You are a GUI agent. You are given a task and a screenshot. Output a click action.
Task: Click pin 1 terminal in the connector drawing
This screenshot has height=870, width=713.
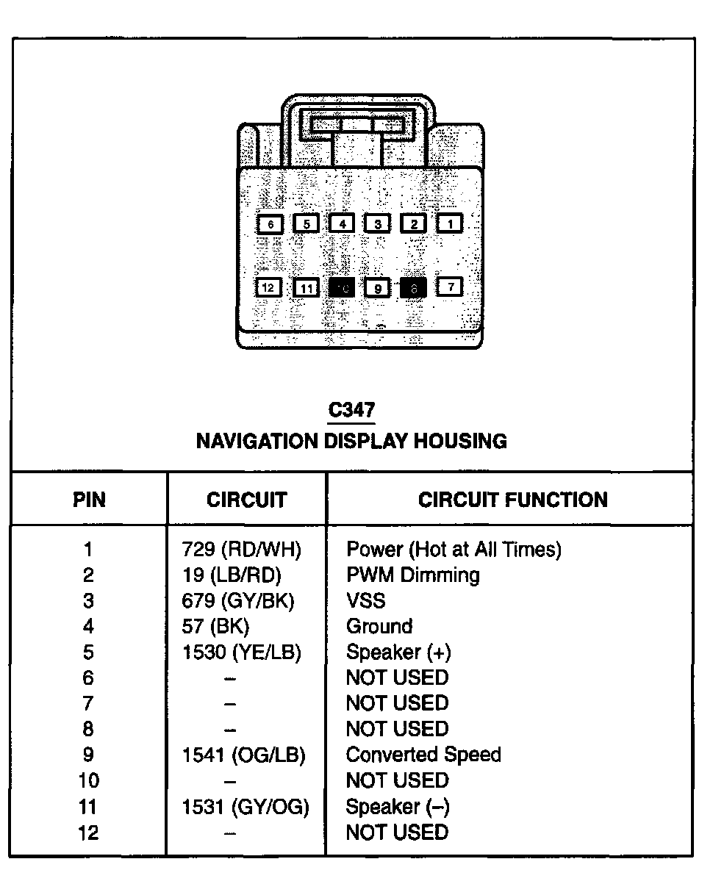click(450, 223)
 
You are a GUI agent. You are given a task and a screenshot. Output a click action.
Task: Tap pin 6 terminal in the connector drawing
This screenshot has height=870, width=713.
click(270, 224)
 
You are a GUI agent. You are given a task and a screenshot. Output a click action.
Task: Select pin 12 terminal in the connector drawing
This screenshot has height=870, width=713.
click(269, 287)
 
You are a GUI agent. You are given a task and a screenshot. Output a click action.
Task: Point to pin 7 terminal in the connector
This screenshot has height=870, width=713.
click(450, 286)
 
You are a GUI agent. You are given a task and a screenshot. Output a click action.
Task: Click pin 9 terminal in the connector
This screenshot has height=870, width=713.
click(377, 288)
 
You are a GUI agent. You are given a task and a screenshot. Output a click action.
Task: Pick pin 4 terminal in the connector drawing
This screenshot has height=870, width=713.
click(342, 223)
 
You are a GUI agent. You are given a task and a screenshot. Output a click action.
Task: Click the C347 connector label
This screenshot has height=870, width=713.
click(351, 410)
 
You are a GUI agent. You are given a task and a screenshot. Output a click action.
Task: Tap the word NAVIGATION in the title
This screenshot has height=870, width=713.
click(257, 441)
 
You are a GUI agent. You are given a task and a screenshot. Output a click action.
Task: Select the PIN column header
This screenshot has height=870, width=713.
click(89, 500)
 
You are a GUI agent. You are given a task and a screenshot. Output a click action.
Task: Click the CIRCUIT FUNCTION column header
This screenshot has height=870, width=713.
click(512, 500)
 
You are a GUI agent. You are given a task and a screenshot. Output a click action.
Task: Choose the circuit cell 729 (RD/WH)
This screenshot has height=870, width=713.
click(242, 549)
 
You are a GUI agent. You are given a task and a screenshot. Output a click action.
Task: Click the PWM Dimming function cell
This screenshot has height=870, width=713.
click(412, 575)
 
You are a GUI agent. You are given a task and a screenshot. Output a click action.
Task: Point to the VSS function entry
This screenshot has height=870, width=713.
click(365, 600)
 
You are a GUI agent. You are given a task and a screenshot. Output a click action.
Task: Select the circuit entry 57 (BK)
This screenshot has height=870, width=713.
click(216, 626)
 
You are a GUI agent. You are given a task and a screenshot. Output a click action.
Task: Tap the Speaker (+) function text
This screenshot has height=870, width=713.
click(398, 652)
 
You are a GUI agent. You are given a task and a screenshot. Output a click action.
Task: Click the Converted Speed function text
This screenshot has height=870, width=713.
click(423, 755)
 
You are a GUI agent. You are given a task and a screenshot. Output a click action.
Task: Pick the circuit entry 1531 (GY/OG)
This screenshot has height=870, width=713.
click(246, 806)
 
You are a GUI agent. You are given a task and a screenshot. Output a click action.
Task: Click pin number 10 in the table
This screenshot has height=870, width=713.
click(88, 780)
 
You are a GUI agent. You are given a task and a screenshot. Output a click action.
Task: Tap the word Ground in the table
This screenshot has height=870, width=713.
click(379, 626)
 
